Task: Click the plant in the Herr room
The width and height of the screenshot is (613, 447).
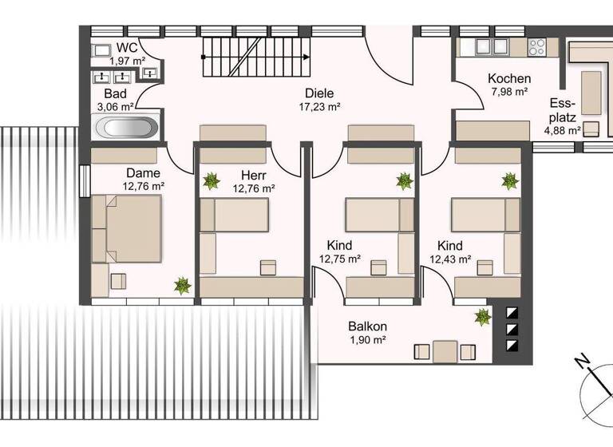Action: click(212, 182)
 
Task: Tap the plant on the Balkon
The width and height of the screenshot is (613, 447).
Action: click(482, 318)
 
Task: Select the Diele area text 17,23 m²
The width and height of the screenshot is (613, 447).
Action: click(319, 106)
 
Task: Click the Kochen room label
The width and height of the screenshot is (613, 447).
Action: click(508, 78)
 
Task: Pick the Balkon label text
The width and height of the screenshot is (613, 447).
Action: click(367, 326)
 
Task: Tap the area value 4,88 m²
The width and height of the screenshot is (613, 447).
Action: click(561, 132)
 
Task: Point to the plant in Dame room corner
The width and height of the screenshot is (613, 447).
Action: click(182, 284)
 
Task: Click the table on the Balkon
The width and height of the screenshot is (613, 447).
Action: click(445, 351)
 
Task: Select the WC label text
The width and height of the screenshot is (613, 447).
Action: click(126, 46)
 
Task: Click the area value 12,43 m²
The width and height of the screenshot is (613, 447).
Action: click(450, 259)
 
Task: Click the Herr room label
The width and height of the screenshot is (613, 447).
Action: click(254, 174)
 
